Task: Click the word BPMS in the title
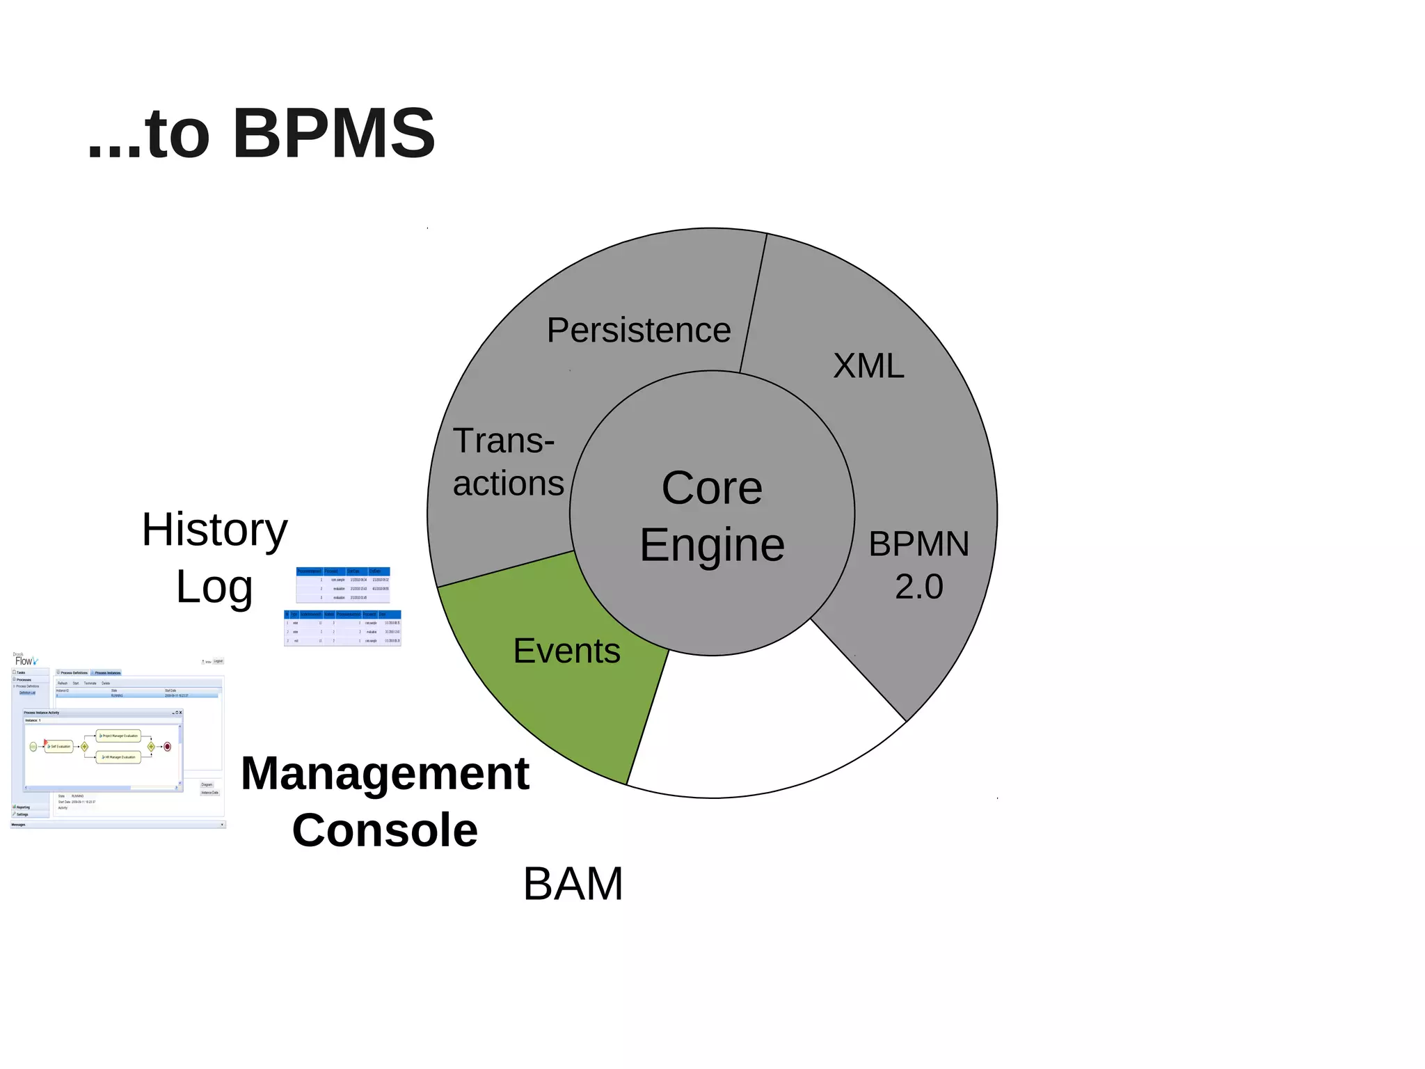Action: (x=333, y=134)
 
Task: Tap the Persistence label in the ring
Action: (x=638, y=330)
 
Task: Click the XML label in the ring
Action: (x=868, y=365)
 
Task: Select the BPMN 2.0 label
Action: (x=918, y=564)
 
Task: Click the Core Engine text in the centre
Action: (x=712, y=516)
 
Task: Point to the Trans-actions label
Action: (x=507, y=462)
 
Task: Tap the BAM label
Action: (x=573, y=884)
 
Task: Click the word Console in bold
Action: (x=385, y=830)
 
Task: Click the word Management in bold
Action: (x=385, y=773)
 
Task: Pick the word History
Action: (x=214, y=530)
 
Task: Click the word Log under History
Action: (x=214, y=587)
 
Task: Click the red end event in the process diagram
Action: (x=167, y=747)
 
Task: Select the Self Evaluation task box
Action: (x=59, y=747)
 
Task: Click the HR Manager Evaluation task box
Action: (x=119, y=757)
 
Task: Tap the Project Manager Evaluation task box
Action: (x=119, y=736)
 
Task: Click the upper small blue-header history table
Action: (x=343, y=585)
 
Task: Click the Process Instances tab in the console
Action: (x=107, y=673)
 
